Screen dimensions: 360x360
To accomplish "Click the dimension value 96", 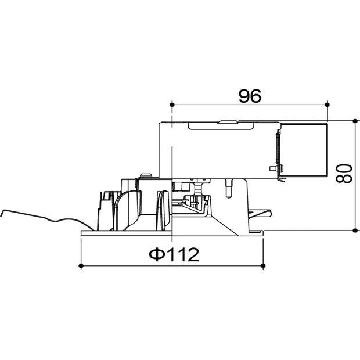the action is [250, 96].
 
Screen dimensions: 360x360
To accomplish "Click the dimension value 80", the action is [344, 173].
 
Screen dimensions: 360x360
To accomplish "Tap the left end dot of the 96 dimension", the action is [172, 105].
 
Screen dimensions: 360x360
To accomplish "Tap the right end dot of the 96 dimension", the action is [327, 105].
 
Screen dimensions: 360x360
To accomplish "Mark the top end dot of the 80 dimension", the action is [355, 121].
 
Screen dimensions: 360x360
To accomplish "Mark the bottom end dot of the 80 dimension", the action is [355, 230].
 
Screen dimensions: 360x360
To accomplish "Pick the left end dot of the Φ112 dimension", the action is [81, 266].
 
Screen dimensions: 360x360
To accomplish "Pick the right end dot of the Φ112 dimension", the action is [263, 266].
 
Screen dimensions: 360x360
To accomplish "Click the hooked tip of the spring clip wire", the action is [2, 213].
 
